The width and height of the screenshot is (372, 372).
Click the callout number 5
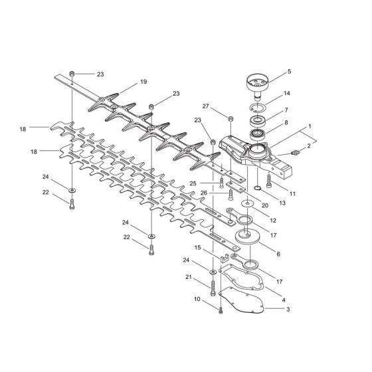click(x=289, y=72)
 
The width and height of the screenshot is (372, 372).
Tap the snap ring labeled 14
click(x=258, y=108)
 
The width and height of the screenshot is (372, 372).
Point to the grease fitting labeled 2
click(x=295, y=152)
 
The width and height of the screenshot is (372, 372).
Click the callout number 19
click(x=143, y=82)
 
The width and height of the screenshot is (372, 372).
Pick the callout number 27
click(x=205, y=106)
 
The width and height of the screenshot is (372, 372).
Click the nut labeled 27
click(x=230, y=118)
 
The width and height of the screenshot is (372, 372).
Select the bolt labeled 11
click(x=269, y=181)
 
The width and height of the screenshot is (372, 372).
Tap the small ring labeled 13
click(x=258, y=189)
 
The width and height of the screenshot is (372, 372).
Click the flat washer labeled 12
click(x=247, y=203)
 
